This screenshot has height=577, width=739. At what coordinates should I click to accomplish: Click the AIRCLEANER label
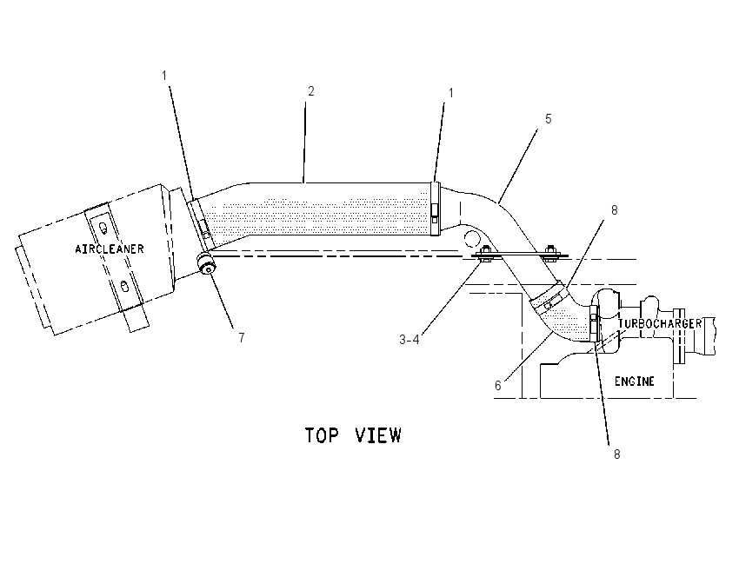tap(110, 249)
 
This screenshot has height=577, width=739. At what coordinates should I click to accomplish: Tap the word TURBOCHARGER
tap(660, 323)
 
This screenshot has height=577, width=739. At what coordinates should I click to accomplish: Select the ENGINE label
tap(635, 381)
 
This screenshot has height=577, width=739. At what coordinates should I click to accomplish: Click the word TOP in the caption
tap(322, 435)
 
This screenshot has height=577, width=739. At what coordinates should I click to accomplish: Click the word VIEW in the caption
tap(378, 435)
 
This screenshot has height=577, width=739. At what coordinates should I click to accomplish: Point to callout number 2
tap(310, 91)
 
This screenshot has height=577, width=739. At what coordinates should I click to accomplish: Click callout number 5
tap(548, 119)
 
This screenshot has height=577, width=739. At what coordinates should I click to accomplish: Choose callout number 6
tap(497, 386)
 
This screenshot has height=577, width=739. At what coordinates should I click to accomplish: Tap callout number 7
tap(242, 338)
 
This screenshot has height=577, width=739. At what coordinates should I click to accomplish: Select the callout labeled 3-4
tap(409, 339)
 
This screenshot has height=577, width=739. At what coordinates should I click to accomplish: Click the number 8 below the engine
tap(616, 454)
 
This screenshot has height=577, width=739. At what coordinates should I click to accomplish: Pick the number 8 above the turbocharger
tap(614, 210)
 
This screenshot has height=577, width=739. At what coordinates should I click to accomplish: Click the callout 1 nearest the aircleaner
tap(164, 76)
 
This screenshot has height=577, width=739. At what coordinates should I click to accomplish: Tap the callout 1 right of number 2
tap(450, 93)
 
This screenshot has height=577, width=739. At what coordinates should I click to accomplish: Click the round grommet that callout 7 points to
tap(206, 262)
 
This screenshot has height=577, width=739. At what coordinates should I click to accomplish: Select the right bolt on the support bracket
tap(549, 254)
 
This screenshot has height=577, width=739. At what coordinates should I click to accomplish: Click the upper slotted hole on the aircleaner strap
tap(103, 229)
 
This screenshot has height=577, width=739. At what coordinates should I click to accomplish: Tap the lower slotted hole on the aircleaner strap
tap(124, 286)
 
